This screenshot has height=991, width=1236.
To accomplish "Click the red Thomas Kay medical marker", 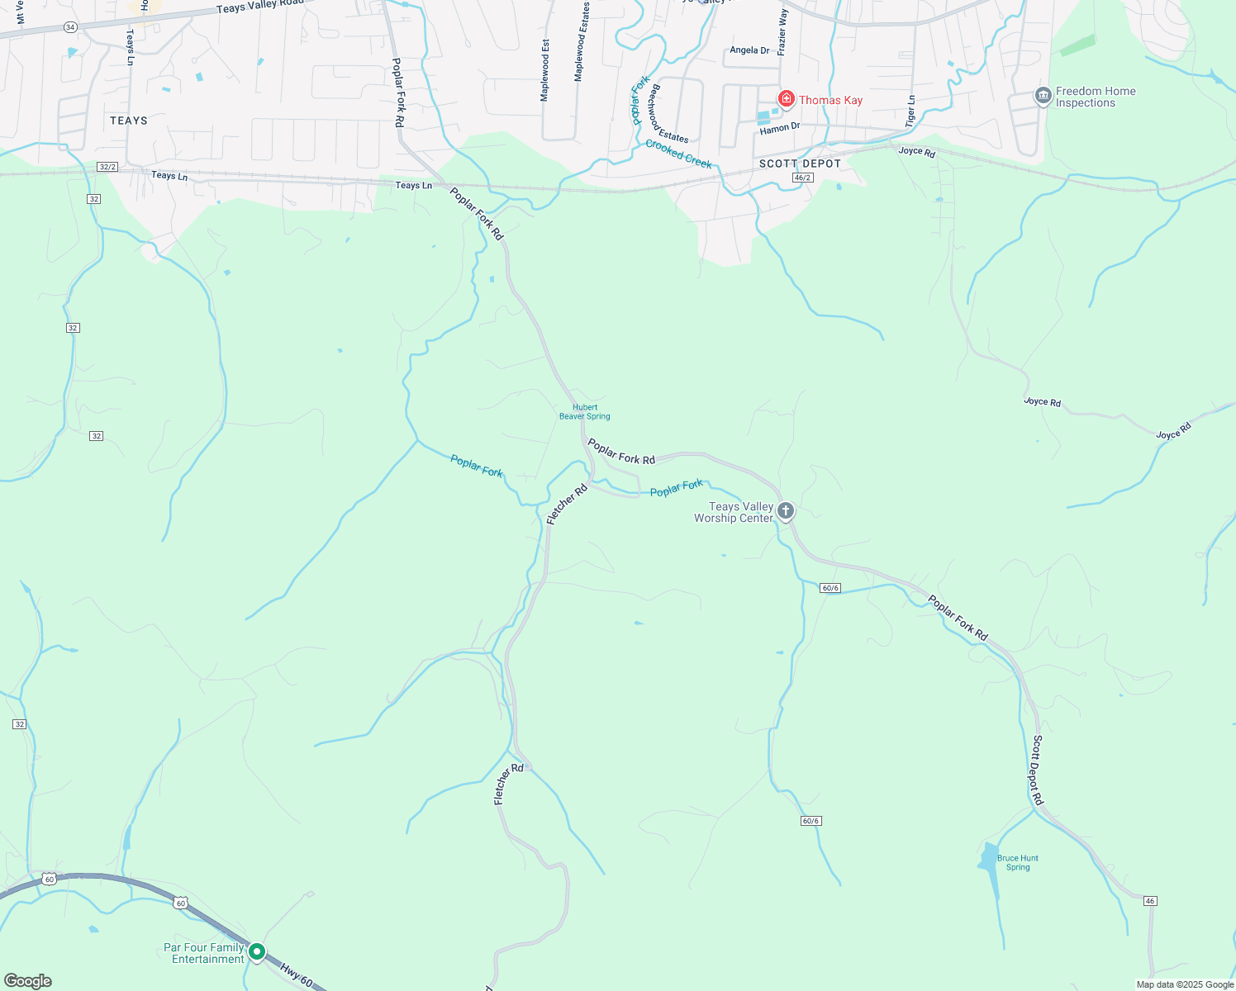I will [x=786, y=100].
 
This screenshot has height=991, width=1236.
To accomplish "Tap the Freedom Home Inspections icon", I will [x=1043, y=97].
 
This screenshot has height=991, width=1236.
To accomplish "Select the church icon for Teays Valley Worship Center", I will [x=786, y=511].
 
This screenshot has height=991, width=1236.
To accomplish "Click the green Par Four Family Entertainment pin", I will [x=257, y=952].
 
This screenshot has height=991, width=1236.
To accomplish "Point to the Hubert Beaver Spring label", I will [x=585, y=412].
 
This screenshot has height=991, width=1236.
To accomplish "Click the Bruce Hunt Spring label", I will [x=1018, y=863].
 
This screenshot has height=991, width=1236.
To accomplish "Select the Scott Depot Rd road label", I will [x=1038, y=771].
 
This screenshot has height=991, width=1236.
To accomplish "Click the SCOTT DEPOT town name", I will [x=800, y=164].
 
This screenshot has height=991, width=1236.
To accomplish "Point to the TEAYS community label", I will [x=129, y=121].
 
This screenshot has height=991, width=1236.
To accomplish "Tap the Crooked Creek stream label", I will [x=678, y=154].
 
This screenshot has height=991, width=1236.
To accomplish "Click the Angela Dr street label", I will [x=749, y=50].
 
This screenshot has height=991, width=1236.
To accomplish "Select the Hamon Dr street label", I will [x=780, y=128].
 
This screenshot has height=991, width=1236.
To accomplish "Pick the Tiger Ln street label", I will [x=910, y=111].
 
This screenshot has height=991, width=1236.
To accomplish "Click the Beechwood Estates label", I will [x=668, y=114].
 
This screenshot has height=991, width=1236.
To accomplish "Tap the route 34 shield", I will [x=70, y=27].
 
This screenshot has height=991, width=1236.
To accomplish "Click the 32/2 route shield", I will [x=107, y=167].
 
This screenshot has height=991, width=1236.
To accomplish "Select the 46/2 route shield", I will [x=801, y=178].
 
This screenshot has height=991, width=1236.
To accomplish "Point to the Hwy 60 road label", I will [x=296, y=975].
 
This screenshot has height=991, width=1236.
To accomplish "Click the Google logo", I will [x=27, y=981].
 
